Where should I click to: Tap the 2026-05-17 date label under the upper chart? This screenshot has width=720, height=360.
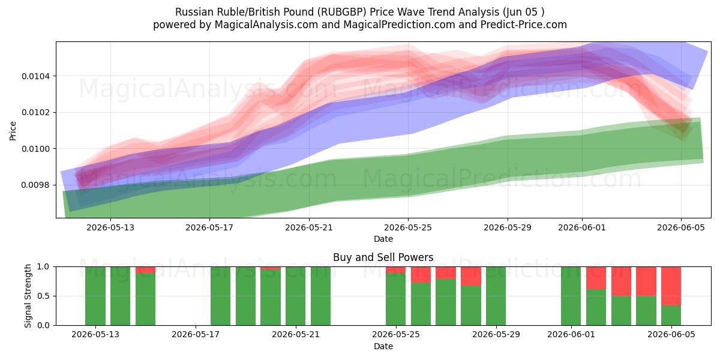(209, 227)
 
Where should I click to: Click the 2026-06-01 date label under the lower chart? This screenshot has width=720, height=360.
(571, 334)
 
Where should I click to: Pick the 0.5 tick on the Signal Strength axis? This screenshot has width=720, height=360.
(43, 296)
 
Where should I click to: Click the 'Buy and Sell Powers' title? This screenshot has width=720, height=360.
(383, 257)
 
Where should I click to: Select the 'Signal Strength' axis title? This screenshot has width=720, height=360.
(28, 296)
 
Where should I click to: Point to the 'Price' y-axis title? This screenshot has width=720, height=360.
(13, 131)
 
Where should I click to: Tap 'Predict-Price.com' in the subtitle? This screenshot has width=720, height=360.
(524, 25)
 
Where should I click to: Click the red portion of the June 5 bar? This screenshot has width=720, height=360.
(671, 286)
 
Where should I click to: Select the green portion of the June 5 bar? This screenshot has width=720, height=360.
(671, 316)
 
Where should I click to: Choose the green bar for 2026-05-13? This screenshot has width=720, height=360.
(95, 296)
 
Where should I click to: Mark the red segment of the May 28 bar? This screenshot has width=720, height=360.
(471, 276)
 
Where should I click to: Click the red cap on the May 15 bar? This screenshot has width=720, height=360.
(145, 270)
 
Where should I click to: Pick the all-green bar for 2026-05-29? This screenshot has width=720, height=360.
(496, 296)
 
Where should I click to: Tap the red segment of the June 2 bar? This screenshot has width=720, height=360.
(596, 278)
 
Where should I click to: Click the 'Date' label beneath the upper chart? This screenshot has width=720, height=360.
(383, 239)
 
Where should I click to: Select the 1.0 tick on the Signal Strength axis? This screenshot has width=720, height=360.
(43, 267)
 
